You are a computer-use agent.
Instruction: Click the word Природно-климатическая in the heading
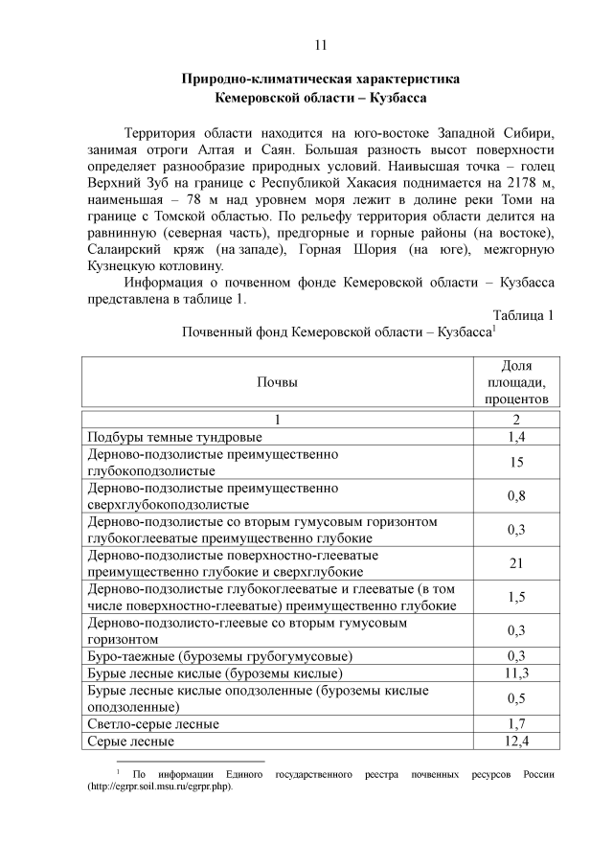coord(256,79)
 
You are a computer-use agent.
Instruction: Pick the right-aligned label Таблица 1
coord(523,315)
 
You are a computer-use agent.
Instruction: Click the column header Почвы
coord(277,382)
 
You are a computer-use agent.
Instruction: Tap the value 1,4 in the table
coord(517,437)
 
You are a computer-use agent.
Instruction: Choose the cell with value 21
coord(517,563)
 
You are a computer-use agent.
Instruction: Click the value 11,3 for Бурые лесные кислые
coord(517,673)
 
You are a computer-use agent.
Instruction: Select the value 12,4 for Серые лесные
coord(517,741)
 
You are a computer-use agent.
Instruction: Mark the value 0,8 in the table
coord(517,495)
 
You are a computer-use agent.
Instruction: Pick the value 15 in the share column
coord(517,462)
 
